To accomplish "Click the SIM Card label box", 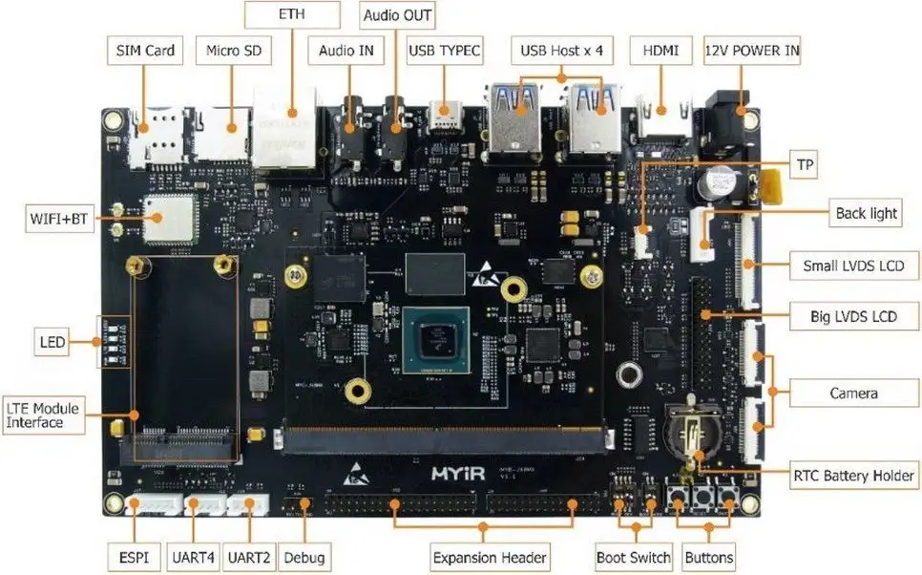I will tap(146, 51).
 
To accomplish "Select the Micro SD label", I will tap(233, 51).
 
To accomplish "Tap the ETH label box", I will tap(292, 16).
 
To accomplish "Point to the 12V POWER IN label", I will tap(751, 51).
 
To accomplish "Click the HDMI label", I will tap(660, 51).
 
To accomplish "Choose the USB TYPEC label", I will tap(445, 51).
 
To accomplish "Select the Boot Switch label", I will tap(634, 557).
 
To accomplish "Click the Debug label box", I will tap(304, 557).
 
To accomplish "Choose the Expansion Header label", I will tap(490, 557).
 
